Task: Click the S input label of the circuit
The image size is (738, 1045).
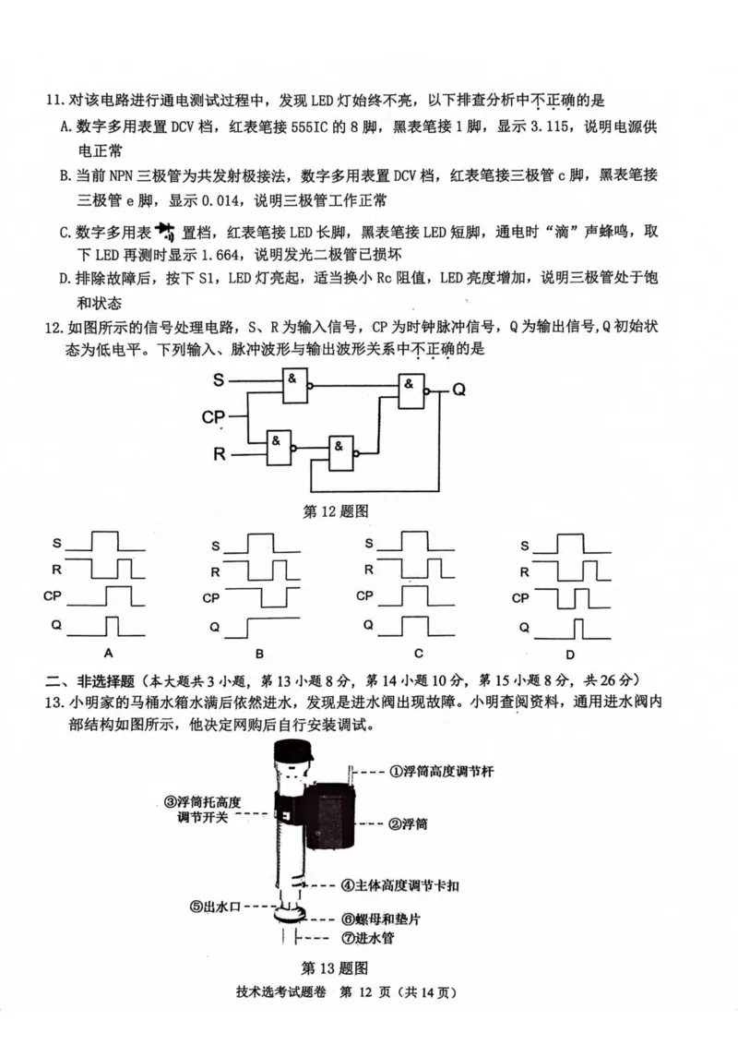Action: (x=218, y=379)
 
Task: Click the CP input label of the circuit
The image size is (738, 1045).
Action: (x=213, y=417)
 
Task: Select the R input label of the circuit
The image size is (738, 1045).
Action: (x=219, y=454)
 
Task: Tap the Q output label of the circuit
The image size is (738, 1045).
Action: (x=458, y=390)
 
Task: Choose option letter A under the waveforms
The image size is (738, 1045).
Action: (x=108, y=653)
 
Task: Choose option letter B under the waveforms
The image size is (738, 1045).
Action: (x=260, y=653)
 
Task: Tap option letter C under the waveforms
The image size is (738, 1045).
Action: (x=418, y=653)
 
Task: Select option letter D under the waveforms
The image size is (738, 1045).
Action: (x=570, y=653)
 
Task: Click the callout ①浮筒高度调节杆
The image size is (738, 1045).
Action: (x=442, y=770)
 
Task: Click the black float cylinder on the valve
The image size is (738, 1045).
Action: (x=329, y=812)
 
